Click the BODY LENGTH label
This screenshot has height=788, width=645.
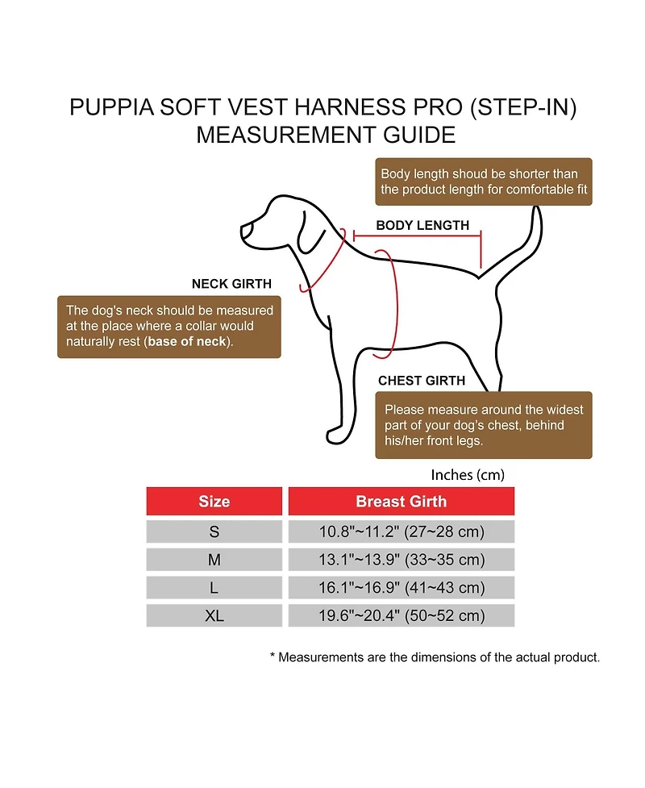point(422,226)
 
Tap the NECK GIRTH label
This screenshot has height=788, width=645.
point(231,284)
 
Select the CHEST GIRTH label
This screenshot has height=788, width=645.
point(421,381)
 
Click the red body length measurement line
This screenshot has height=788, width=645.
point(417,237)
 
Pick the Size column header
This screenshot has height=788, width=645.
point(214,502)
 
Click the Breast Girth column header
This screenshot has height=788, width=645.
point(401,502)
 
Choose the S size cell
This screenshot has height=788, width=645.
point(214,532)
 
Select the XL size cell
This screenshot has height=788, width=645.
point(214,615)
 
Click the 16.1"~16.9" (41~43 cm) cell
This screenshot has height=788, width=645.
point(401,588)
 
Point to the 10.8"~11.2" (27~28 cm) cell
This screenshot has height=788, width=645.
point(401,532)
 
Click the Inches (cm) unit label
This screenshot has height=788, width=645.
point(468,475)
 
